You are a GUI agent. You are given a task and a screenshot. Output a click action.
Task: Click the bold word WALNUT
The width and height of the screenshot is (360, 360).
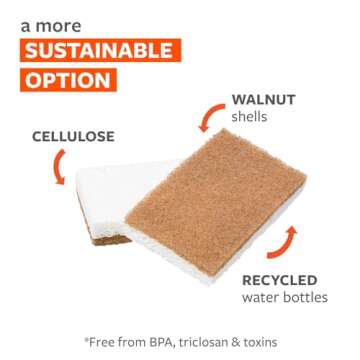click(264, 102)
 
